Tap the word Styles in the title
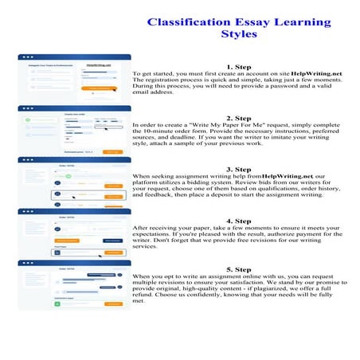[x=239, y=34]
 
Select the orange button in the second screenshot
[x=112, y=151]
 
